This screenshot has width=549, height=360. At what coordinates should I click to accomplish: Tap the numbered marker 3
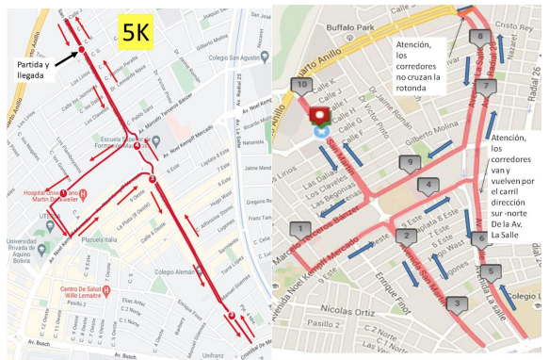pyautogui.click(x=456, y=303)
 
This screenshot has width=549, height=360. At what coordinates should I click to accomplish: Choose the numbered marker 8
pyautogui.click(x=479, y=37)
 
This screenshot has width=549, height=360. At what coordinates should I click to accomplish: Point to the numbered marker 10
pyautogui.click(x=301, y=85)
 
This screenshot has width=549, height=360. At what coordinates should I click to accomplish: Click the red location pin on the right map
pyautogui.click(x=321, y=116)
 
